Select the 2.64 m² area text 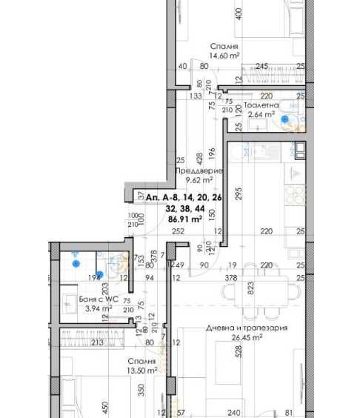(261, 115)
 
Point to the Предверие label (199, 170)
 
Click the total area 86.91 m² (186, 219)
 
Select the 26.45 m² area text (248, 336)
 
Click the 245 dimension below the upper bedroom (261, 66)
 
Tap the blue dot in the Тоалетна (285, 117)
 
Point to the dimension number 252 (178, 231)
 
